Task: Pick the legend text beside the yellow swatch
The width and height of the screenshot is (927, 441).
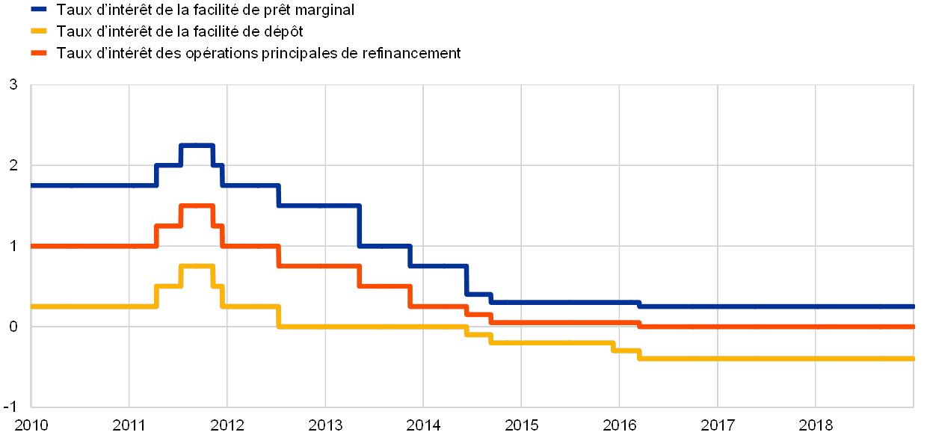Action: click(x=184, y=31)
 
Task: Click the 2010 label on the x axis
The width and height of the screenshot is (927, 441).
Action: click(x=31, y=425)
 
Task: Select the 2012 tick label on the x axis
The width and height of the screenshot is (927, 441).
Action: click(x=227, y=425)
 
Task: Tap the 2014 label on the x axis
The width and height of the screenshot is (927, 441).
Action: click(x=423, y=425)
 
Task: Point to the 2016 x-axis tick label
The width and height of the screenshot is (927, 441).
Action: click(x=620, y=425)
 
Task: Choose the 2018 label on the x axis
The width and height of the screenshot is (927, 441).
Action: click(x=816, y=425)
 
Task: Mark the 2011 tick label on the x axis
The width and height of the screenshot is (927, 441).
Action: click(x=129, y=425)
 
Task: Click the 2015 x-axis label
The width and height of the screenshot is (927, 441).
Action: click(x=522, y=425)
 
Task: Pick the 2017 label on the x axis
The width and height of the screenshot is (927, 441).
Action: click(x=718, y=425)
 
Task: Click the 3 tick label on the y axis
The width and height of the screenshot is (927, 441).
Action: click(x=13, y=84)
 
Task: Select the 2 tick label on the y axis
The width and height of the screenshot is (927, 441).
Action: click(x=13, y=165)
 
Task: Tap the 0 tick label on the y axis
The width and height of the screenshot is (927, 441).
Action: click(x=13, y=327)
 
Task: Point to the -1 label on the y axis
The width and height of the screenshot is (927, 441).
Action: click(x=13, y=404)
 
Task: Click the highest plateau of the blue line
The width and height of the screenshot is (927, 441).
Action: click(x=197, y=145)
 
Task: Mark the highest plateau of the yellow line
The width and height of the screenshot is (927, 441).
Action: click(x=197, y=266)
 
